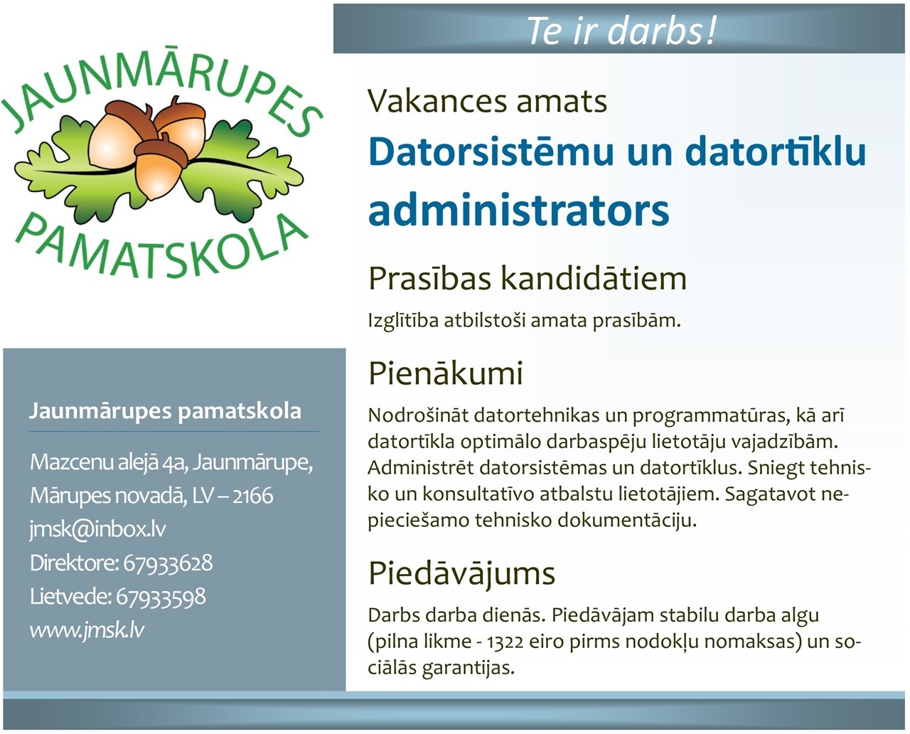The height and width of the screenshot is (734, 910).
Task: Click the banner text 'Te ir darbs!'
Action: pos(621,30)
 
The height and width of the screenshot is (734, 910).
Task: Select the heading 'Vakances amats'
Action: pos(487,102)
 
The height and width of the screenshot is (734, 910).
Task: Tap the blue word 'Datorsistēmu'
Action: pos(491,151)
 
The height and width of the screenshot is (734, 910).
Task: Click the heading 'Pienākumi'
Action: pos(446,373)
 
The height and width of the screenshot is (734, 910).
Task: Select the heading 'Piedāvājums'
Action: pos(462,574)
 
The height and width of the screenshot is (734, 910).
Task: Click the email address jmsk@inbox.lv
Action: pos(97,529)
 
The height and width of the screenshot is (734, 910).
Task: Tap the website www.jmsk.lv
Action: pos(87,630)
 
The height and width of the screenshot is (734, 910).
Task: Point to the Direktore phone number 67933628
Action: pos(168,563)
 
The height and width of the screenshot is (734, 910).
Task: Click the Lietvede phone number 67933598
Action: pos(161,597)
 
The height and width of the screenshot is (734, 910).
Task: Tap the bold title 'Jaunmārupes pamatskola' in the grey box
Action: pos(165,411)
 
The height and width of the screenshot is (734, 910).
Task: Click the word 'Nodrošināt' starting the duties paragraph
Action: pos(418,415)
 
